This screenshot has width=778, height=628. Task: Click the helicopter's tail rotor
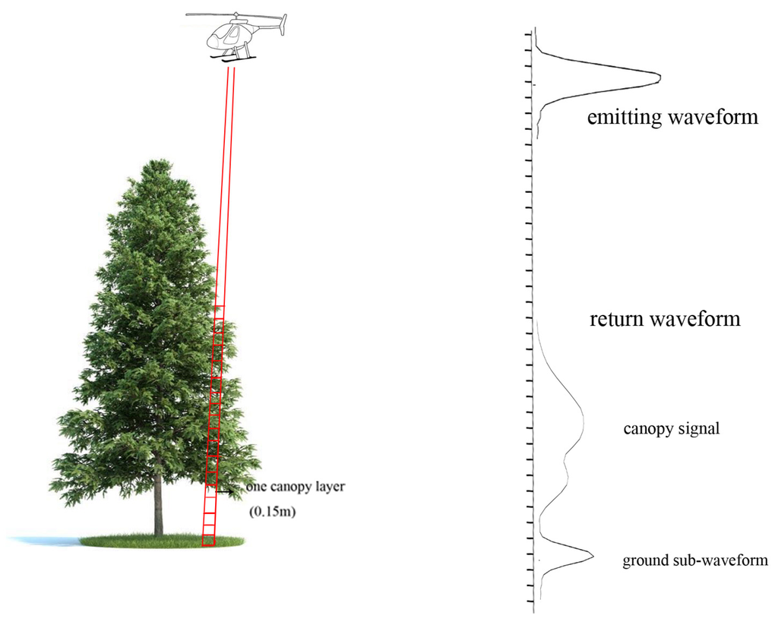(283, 24)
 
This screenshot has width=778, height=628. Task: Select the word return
(616, 318)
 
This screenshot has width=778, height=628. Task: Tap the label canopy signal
(671, 429)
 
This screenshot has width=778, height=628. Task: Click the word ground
(644, 561)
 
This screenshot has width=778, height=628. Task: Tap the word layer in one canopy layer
(331, 486)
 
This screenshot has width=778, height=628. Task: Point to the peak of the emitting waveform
(659, 77)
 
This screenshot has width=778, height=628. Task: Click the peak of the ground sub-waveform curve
(593, 557)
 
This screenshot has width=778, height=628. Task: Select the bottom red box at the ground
(208, 541)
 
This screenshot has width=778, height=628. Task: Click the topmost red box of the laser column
(219, 312)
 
